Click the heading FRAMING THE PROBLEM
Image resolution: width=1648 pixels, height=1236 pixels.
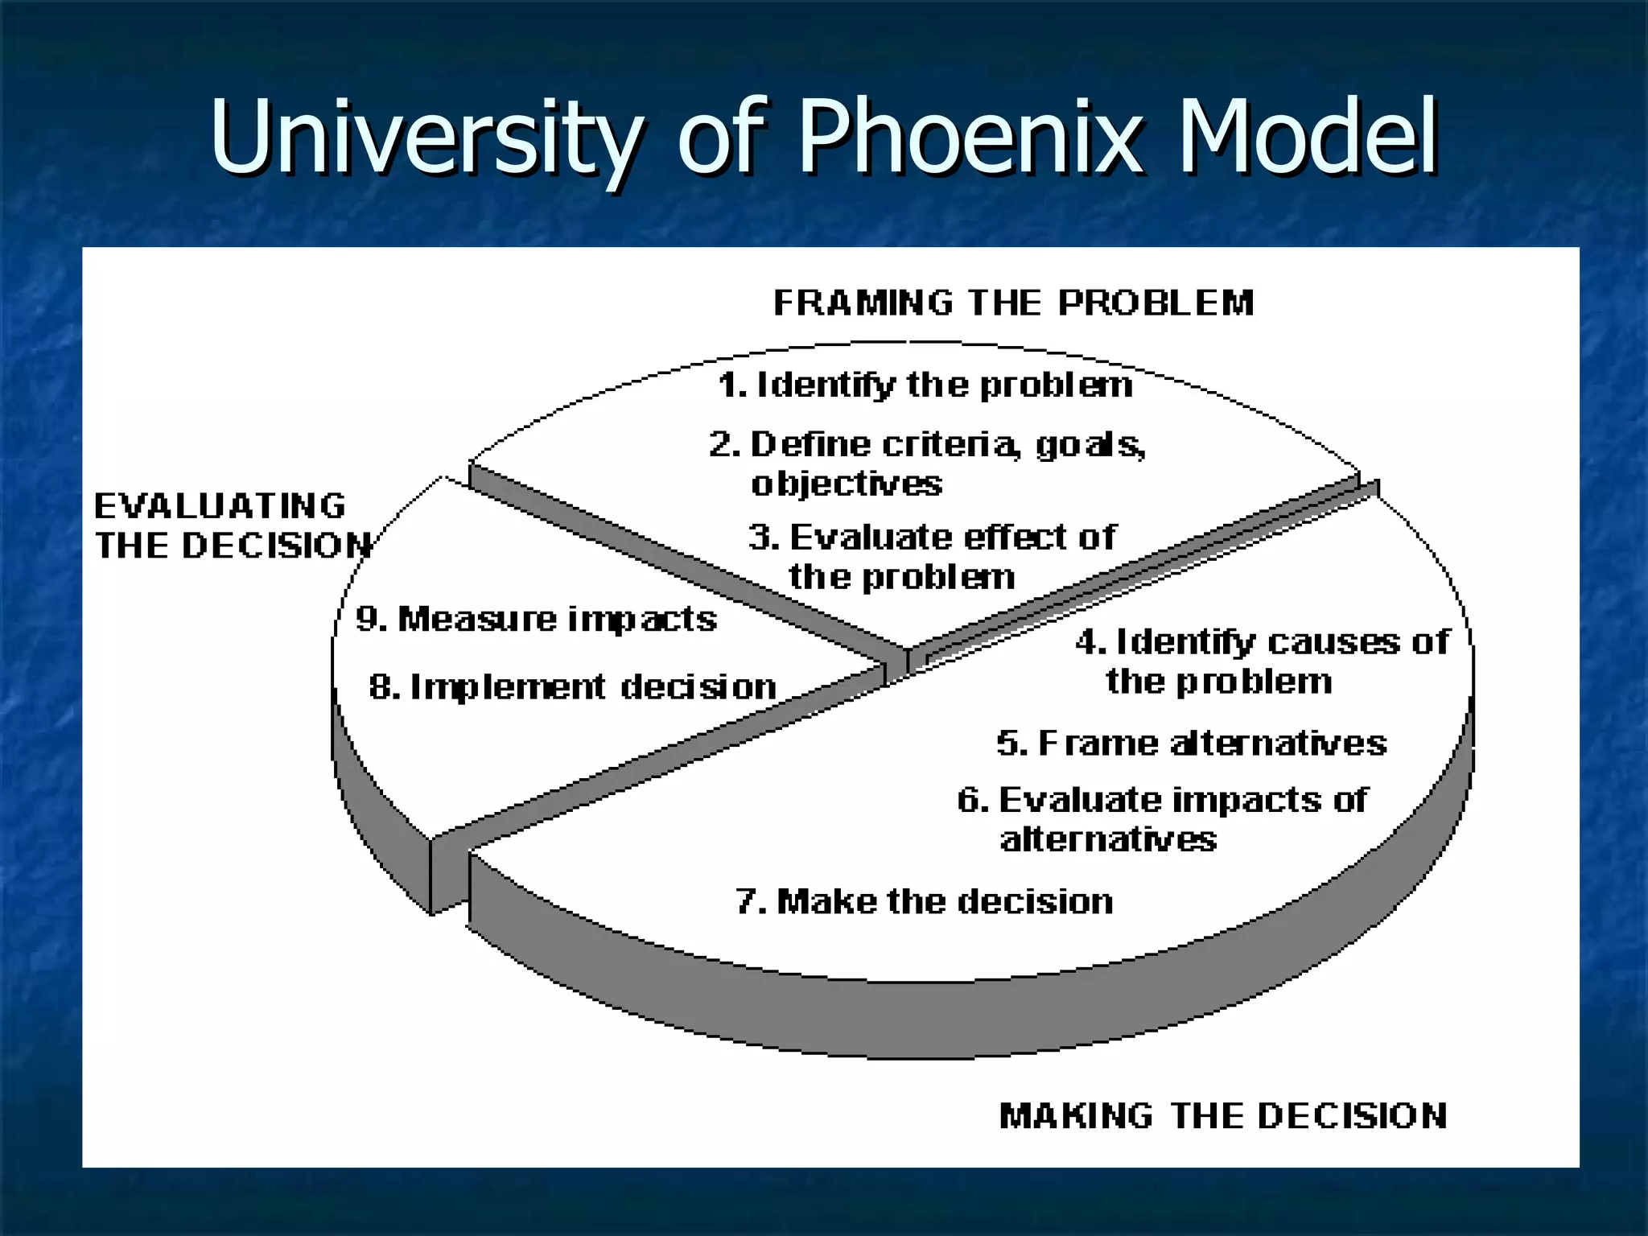pos(1013,303)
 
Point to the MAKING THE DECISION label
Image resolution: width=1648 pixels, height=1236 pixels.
pos(1222,1116)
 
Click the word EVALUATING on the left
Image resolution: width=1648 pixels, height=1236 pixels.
pos(220,507)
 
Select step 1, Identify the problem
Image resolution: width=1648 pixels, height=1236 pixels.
pos(925,385)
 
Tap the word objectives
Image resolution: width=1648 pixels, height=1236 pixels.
pos(847,484)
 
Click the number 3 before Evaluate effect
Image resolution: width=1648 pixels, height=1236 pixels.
pos(760,537)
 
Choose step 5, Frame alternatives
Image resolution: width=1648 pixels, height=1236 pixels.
pos(1192,743)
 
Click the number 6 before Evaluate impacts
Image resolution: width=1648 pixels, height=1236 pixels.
pos(970,800)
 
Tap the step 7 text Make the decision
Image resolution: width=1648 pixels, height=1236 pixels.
pos(945,901)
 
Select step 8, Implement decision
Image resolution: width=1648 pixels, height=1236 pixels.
pos(573,687)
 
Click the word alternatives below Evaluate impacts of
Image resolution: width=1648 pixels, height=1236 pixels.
pos(1108,839)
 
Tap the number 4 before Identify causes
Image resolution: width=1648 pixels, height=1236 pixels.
pos(1088,642)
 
